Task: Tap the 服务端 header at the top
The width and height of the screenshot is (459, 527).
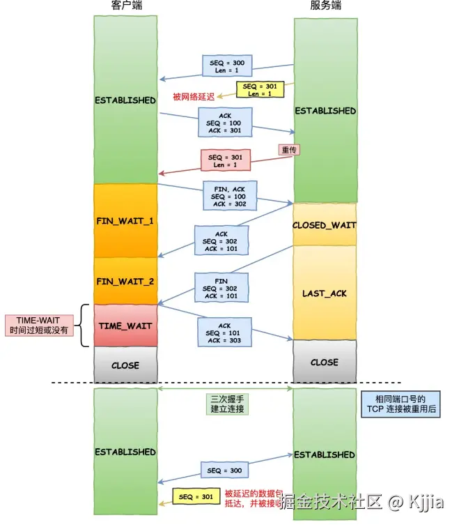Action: [x=325, y=6]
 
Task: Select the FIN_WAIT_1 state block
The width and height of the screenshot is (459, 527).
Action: [x=125, y=220]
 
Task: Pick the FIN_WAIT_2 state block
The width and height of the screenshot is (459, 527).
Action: [x=125, y=281]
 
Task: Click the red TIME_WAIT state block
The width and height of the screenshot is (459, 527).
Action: [x=125, y=326]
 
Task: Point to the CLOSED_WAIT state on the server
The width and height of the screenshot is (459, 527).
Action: [x=325, y=224]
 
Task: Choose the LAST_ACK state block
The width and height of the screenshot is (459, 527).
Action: [x=325, y=293]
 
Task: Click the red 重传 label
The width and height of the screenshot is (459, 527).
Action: [x=289, y=150]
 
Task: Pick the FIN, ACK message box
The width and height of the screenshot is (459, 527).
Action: [x=230, y=195]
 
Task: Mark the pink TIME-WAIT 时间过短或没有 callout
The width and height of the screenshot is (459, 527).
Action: [x=43, y=326]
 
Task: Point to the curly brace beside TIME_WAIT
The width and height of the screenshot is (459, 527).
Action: [x=85, y=326]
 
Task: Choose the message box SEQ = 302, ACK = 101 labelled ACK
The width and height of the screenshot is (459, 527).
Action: [x=221, y=241]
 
